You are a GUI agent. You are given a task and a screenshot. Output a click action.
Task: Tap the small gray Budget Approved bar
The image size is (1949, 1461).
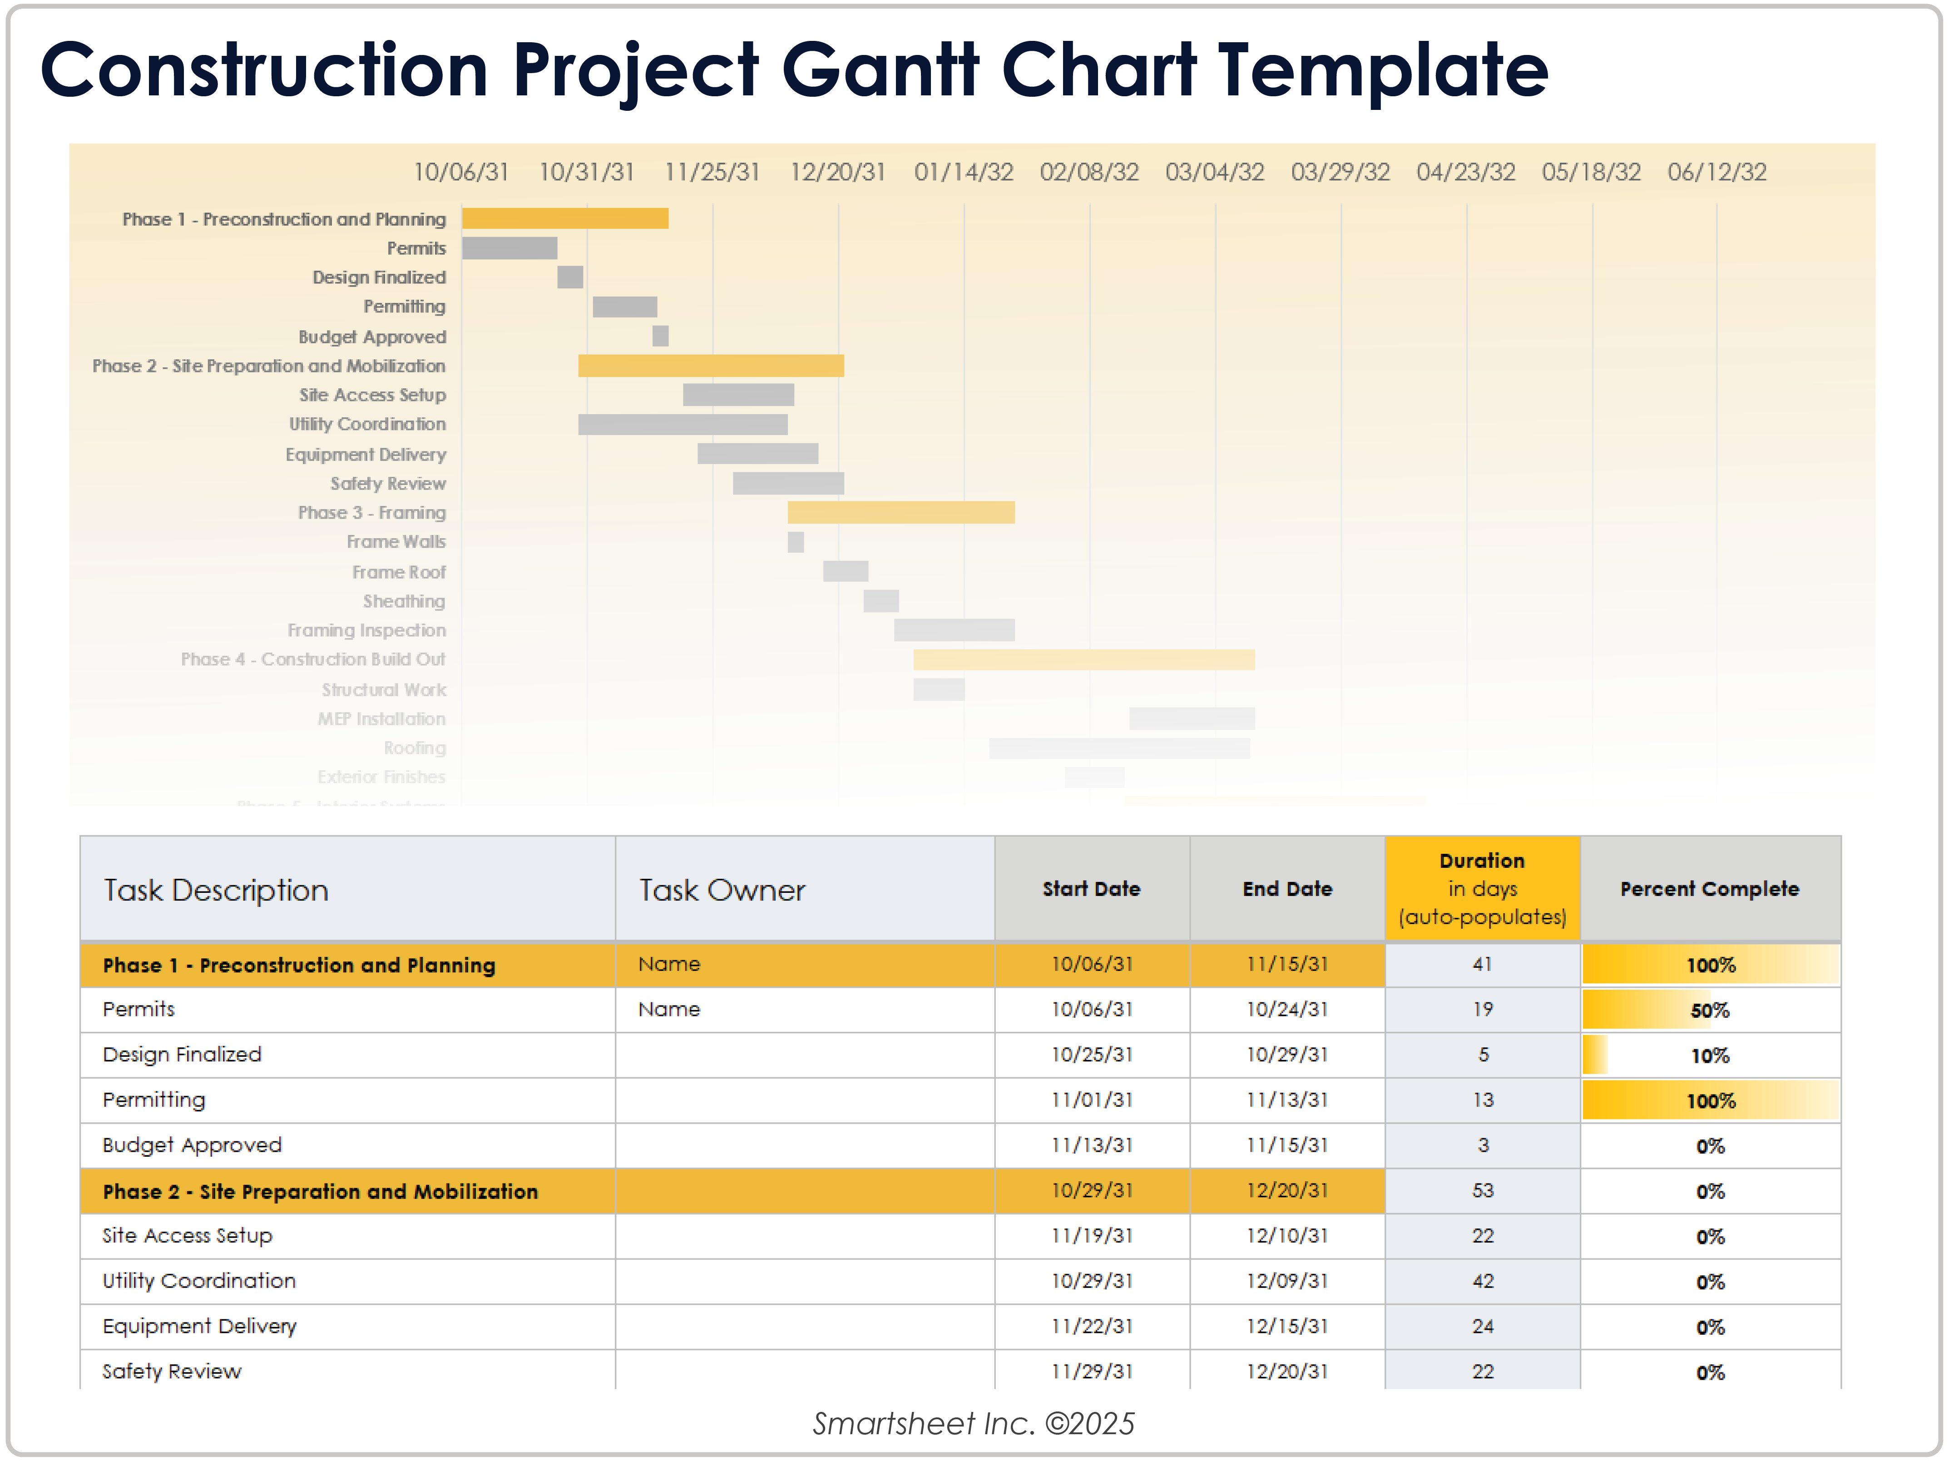click(660, 336)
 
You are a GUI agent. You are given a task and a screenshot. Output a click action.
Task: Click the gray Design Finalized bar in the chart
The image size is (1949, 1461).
click(570, 277)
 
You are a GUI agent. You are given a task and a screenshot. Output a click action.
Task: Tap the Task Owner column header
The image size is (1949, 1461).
click(722, 890)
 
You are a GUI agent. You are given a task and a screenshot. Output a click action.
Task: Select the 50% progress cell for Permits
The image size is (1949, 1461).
click(1709, 1010)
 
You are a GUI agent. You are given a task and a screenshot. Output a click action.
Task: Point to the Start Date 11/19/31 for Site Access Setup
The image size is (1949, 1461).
click(1092, 1235)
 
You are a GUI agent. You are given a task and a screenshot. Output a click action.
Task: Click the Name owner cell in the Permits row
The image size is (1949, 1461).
click(670, 1009)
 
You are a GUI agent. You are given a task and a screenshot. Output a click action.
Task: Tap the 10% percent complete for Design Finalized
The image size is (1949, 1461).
click(1709, 1055)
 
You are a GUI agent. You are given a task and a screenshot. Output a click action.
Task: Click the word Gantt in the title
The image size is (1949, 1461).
click(879, 70)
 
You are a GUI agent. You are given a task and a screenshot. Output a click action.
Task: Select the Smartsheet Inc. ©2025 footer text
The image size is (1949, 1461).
click(974, 1423)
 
